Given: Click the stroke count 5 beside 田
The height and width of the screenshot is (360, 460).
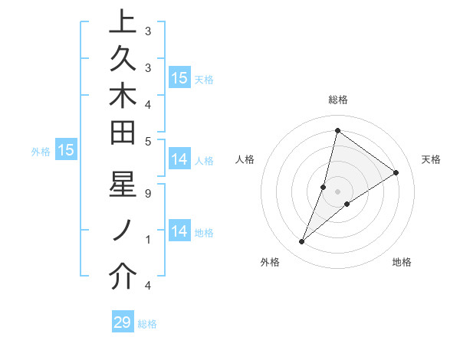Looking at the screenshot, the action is (x=148, y=141).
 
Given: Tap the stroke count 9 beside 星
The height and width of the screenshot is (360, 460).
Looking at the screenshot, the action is (x=148, y=194).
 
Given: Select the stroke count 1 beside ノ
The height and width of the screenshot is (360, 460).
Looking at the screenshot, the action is (x=148, y=240).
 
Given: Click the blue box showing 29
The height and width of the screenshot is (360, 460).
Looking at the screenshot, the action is (x=123, y=322).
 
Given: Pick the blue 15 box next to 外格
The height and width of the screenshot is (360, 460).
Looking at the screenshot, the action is (x=66, y=151).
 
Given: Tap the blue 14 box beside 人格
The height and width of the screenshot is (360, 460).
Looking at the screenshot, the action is (x=179, y=160).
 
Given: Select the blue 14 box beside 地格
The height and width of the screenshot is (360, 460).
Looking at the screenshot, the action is (x=179, y=231).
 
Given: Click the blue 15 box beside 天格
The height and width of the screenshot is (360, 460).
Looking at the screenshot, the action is (x=179, y=78).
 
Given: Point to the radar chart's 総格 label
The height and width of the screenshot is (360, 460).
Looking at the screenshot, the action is (x=338, y=100).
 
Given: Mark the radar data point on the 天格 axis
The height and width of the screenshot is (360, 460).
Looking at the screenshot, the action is (x=396, y=172).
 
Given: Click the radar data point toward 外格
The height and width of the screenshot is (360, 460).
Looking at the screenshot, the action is (x=301, y=242).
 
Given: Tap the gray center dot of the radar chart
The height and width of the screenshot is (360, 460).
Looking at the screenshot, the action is (x=337, y=191).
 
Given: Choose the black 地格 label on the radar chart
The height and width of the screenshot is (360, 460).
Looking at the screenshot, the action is (x=402, y=263).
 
